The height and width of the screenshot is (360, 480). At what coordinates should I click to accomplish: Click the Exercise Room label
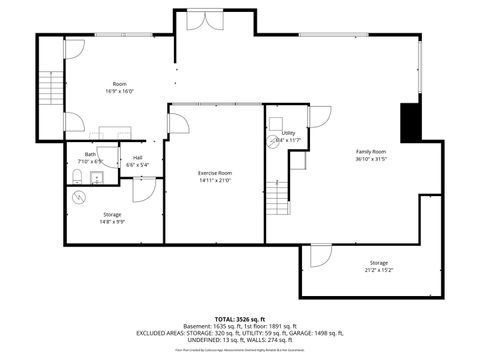pyautogui.click(x=215, y=173)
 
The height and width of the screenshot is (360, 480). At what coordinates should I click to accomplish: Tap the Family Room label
pyautogui.click(x=370, y=151)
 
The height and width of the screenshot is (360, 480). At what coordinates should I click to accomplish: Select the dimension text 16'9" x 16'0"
pyautogui.click(x=119, y=89)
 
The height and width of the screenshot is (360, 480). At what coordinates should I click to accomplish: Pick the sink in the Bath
pyautogui.click(x=96, y=178)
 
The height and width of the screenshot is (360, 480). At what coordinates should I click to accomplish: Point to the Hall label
pyautogui.click(x=137, y=157)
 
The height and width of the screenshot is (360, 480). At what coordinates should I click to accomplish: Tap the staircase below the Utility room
pyautogui.click(x=277, y=201)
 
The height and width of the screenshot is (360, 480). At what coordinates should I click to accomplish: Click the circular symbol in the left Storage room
pyautogui.click(x=80, y=196)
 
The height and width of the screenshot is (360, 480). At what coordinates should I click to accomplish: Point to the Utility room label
pyautogui.click(x=288, y=133)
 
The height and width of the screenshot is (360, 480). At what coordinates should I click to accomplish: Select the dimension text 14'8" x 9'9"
pyautogui.click(x=112, y=221)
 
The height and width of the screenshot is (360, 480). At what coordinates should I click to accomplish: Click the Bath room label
pyautogui.click(x=90, y=154)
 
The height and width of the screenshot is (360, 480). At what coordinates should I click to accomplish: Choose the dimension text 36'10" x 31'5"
pyautogui.click(x=370, y=158)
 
